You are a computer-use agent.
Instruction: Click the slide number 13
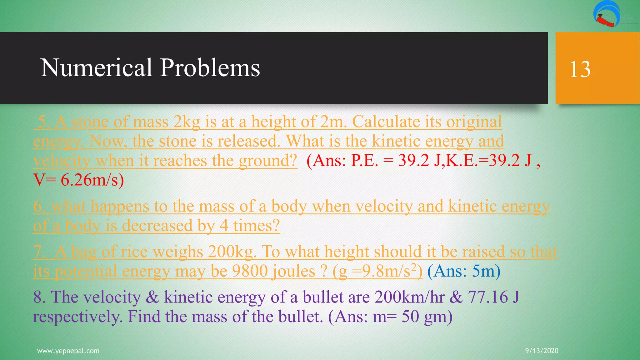click(580, 69)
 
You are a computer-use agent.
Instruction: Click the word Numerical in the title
click(96, 67)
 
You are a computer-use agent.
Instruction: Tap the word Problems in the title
click(210, 68)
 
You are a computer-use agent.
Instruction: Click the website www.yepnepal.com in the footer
click(68, 351)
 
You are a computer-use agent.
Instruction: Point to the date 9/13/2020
click(542, 351)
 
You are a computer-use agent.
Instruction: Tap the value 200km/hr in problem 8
click(409, 297)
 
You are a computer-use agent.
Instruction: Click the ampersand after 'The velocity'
click(152, 297)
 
